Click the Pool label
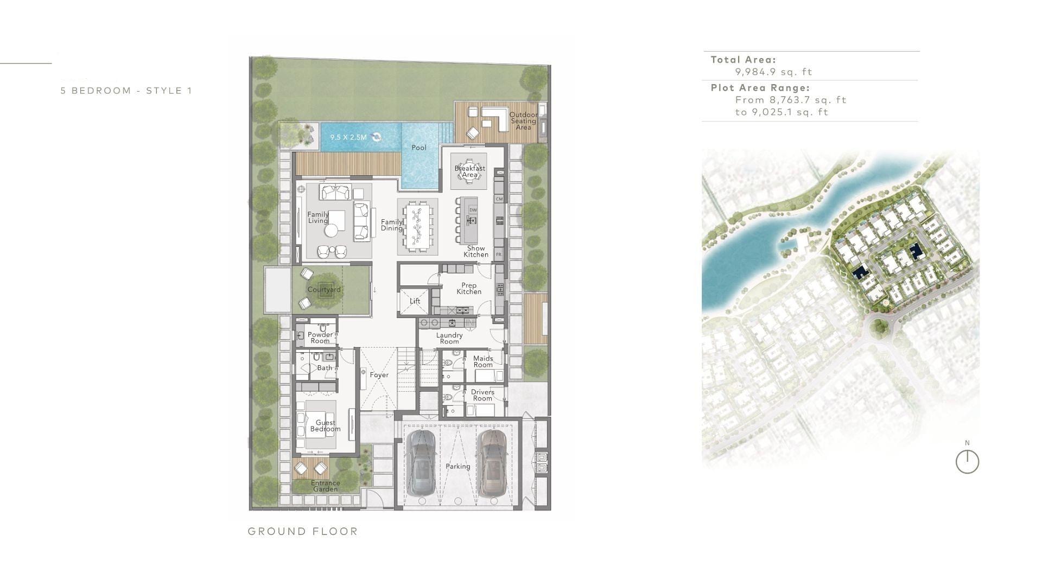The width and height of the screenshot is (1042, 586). click(418, 148)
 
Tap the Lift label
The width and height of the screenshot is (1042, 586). click(415, 301)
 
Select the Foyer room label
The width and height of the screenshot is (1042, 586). click(379, 375)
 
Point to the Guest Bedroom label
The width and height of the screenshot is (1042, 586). click(325, 426)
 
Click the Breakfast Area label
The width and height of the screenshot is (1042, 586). click(469, 171)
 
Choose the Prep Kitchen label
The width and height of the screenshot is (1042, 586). click(468, 288)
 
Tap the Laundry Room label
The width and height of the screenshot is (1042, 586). click(449, 338)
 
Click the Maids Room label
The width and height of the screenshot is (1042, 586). click(482, 361)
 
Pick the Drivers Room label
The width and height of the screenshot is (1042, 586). click(482, 395)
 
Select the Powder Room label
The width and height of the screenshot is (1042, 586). click(320, 337)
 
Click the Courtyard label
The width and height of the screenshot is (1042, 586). click(324, 289)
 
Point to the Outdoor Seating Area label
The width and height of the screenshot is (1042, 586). click(523, 121)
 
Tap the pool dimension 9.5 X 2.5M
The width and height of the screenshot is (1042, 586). click(348, 137)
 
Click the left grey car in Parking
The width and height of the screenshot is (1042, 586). click(422, 462)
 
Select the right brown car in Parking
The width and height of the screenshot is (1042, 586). click(492, 462)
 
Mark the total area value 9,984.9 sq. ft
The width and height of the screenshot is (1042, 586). click(773, 72)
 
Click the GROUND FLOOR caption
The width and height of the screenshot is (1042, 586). click(303, 531)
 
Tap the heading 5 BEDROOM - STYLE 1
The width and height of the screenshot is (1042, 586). click(126, 91)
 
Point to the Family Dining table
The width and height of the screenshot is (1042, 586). click(417, 226)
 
